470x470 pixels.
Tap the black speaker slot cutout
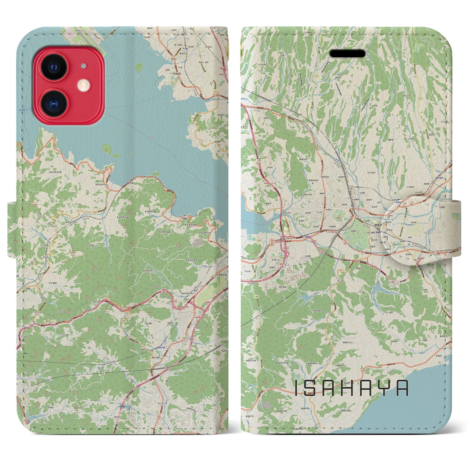pyautogui.click(x=347, y=54)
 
